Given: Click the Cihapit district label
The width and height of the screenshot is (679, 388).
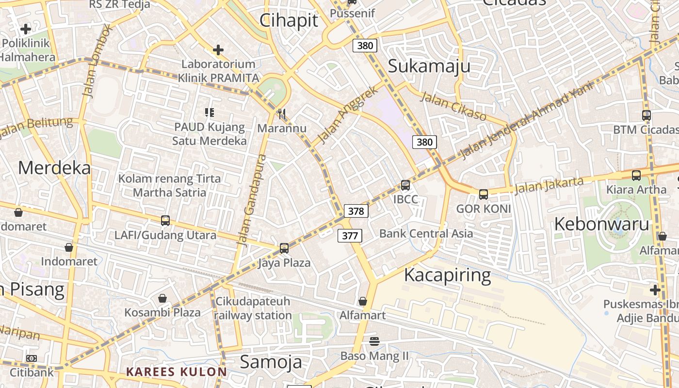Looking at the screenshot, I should (289, 20).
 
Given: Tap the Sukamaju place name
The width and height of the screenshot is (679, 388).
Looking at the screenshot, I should (429, 66).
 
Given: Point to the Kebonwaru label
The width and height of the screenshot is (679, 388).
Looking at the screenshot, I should (601, 224).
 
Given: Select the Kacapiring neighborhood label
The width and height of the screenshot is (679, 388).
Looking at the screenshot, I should (447, 275).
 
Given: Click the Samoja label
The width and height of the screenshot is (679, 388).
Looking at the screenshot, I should (271, 362).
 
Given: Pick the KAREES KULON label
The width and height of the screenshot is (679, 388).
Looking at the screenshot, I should (177, 372).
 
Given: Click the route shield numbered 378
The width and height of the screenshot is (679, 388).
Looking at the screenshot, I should (356, 211).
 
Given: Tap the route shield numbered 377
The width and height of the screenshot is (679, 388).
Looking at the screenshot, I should (350, 236).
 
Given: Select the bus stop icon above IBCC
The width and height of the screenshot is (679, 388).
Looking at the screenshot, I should (405, 185).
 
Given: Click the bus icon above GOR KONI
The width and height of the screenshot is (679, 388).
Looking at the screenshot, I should (484, 194).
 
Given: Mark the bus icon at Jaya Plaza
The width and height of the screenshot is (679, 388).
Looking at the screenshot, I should (284, 248).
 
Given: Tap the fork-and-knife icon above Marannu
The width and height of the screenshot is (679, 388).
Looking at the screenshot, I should (282, 114).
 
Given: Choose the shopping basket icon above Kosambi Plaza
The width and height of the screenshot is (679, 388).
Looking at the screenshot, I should (162, 298).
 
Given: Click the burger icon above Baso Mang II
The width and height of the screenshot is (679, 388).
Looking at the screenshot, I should (374, 341).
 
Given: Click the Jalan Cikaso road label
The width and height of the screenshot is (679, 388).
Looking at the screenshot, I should (453, 106).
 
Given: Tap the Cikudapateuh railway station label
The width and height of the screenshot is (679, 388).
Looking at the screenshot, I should (253, 308).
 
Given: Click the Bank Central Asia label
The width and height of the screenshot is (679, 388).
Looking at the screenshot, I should (426, 233).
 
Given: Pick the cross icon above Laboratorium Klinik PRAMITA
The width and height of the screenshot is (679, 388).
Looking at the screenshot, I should (218, 50).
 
